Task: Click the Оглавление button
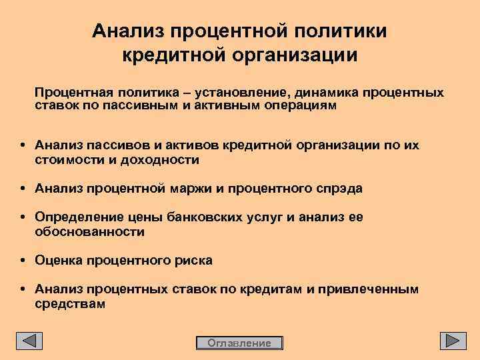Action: [x=239, y=343]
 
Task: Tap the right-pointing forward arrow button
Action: [x=453, y=341]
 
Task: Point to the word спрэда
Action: [x=339, y=189]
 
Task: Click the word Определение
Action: [x=74, y=218]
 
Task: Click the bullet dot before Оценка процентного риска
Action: [x=23, y=261]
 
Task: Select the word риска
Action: [x=194, y=261]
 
